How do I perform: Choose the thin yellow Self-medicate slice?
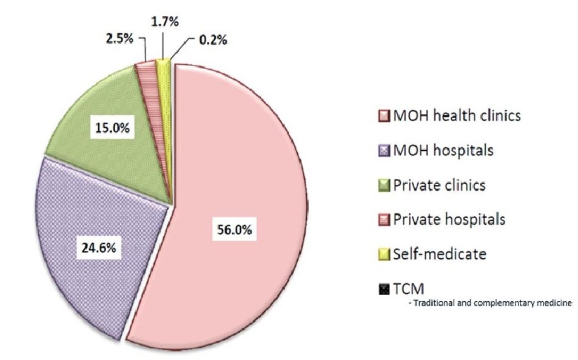coord(163,64)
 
